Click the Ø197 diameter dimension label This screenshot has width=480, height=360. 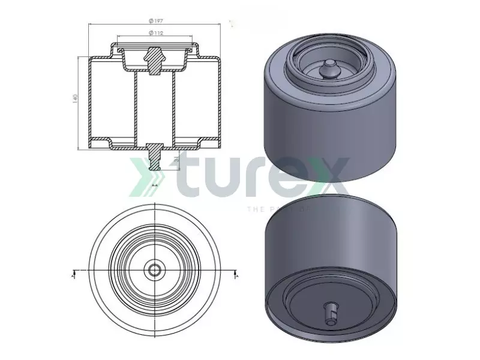coord(155,21)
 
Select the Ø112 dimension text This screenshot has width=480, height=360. coord(156,33)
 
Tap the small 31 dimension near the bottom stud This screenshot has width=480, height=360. coord(176,160)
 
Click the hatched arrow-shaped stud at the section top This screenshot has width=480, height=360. coord(155,60)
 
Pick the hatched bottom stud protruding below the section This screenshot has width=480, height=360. coord(155,157)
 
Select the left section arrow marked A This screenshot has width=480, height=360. coord(73,274)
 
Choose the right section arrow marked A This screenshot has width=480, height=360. coord(236,274)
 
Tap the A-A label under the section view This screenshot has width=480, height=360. coord(155,187)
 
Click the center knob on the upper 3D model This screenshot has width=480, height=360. coord(328,69)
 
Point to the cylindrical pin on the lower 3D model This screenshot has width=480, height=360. coord(331,310)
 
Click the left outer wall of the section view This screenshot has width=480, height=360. coord(89,102)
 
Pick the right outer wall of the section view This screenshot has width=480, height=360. coord(221,102)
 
